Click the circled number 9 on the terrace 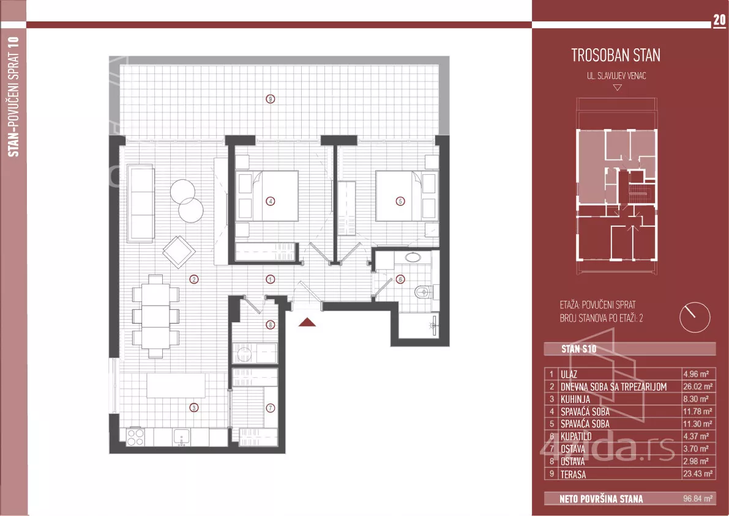270,98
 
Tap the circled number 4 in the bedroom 270,201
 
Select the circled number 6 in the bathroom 400,279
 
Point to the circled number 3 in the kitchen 193,408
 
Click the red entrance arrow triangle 307,322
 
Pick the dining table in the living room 155,316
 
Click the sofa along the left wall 140,203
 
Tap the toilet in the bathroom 422,292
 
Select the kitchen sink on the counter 181,437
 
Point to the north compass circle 695,317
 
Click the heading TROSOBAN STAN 616,55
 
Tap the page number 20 719,20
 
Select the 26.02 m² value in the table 697,386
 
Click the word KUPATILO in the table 576,436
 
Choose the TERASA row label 573,474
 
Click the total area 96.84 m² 697,499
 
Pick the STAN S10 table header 578,349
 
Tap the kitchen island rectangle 176,386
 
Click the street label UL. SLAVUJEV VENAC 616,76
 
